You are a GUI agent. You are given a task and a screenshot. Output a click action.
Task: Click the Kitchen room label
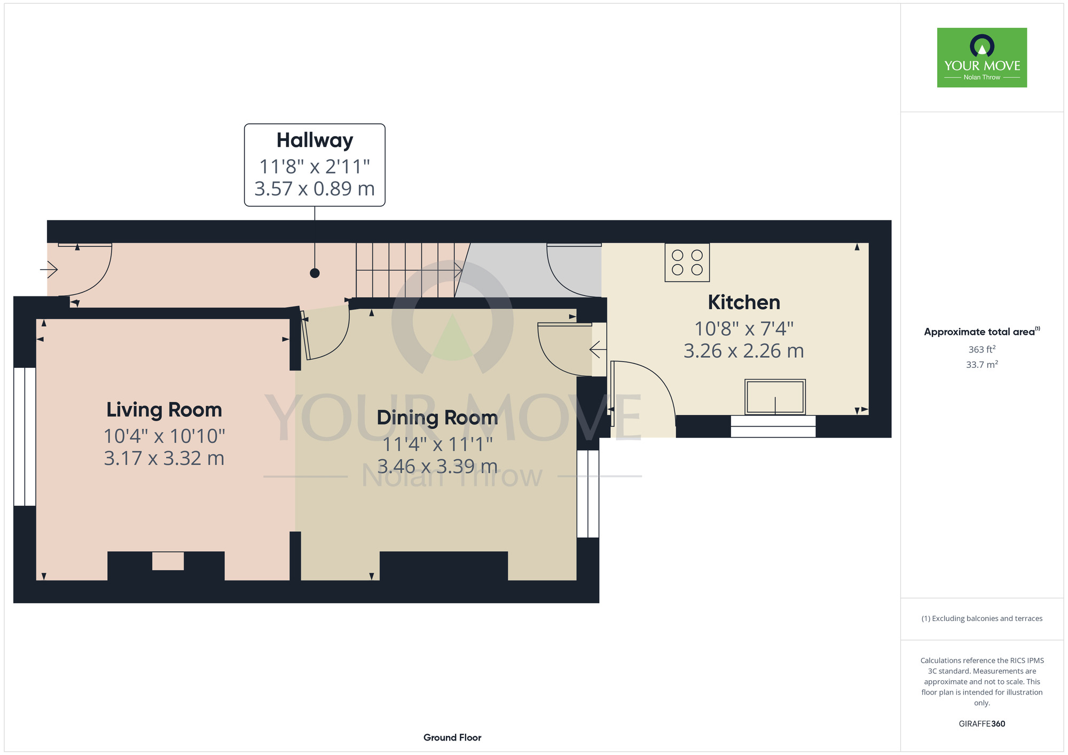(744, 302)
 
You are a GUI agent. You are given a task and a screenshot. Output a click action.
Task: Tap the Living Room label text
(164, 410)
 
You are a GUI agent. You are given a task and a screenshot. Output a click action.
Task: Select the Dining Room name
(437, 418)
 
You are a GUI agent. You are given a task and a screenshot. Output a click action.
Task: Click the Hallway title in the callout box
(315, 140)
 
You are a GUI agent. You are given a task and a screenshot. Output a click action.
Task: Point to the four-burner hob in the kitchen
(687, 262)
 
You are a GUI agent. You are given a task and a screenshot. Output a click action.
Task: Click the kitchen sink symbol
(775, 397)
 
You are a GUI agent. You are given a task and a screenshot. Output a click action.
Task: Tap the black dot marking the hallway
(315, 273)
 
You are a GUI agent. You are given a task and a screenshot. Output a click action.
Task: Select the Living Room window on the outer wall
(25, 437)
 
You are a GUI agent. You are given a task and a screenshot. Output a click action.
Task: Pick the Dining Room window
(588, 493)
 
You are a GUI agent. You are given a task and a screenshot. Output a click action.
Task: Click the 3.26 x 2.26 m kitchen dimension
(744, 351)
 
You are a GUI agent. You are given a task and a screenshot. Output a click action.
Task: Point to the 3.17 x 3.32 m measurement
(164, 458)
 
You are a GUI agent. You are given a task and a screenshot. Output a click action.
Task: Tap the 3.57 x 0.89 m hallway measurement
(315, 188)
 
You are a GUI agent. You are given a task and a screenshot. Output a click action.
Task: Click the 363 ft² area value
(982, 349)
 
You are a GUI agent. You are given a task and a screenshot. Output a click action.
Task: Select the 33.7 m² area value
(982, 365)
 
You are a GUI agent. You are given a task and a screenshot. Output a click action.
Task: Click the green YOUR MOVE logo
(982, 58)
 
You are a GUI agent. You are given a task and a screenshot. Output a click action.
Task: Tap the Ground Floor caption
(452, 737)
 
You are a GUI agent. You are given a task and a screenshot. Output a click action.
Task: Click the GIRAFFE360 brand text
(982, 724)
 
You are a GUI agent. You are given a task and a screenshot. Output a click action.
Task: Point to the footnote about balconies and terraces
(982, 618)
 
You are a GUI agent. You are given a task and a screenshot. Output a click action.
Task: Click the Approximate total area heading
(982, 332)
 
